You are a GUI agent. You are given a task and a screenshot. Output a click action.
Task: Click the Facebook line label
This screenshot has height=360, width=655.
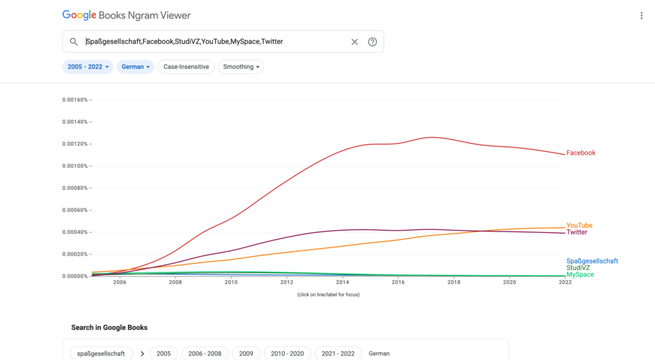click(x=581, y=153)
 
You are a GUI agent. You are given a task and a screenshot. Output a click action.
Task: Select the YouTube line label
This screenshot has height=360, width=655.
click(x=580, y=226)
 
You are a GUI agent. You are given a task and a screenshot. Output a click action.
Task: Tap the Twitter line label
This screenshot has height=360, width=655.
click(x=576, y=232)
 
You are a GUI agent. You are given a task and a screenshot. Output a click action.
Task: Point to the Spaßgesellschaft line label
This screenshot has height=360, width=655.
click(x=592, y=261)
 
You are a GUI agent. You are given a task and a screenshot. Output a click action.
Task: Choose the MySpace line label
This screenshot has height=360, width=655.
click(x=580, y=274)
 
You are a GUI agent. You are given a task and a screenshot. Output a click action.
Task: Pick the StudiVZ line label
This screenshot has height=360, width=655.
click(x=578, y=268)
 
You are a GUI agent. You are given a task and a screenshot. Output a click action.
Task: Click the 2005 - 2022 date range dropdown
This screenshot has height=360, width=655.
click(x=88, y=67)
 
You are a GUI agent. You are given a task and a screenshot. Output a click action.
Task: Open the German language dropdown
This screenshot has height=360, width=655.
click(x=136, y=67)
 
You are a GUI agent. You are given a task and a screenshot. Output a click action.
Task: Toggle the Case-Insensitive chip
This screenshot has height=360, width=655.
click(x=186, y=67)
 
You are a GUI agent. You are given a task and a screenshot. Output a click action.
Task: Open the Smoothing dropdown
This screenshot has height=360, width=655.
click(x=241, y=67)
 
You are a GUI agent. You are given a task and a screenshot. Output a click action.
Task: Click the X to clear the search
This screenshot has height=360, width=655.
click(x=354, y=42)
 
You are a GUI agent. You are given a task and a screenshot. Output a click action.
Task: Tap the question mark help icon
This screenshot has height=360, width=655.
click(x=372, y=42)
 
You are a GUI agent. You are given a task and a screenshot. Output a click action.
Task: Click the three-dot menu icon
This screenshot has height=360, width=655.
click(x=642, y=15)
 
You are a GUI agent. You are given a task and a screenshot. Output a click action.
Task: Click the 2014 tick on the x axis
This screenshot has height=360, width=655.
click(x=342, y=282)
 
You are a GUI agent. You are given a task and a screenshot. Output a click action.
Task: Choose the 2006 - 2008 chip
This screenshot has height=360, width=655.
click(x=205, y=354)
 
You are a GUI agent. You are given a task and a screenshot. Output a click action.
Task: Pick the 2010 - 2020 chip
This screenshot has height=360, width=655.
click(x=287, y=354)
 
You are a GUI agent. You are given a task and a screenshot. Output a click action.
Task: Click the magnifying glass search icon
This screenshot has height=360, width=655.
click(x=74, y=42)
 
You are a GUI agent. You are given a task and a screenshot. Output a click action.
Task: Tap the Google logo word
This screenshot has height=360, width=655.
click(x=79, y=15)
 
